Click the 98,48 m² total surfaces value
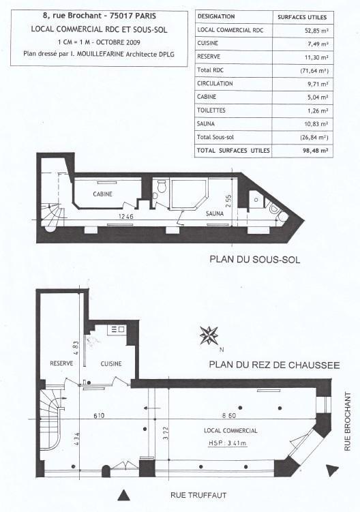(316, 150)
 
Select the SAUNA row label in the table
(207, 123)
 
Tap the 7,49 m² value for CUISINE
(317, 44)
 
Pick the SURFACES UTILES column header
(302, 16)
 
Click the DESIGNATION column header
(216, 16)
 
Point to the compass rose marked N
(209, 336)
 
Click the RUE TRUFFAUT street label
(198, 495)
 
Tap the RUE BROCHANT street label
(348, 422)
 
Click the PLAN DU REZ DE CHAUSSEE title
(274, 365)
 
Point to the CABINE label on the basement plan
(103, 194)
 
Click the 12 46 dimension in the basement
(124, 217)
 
